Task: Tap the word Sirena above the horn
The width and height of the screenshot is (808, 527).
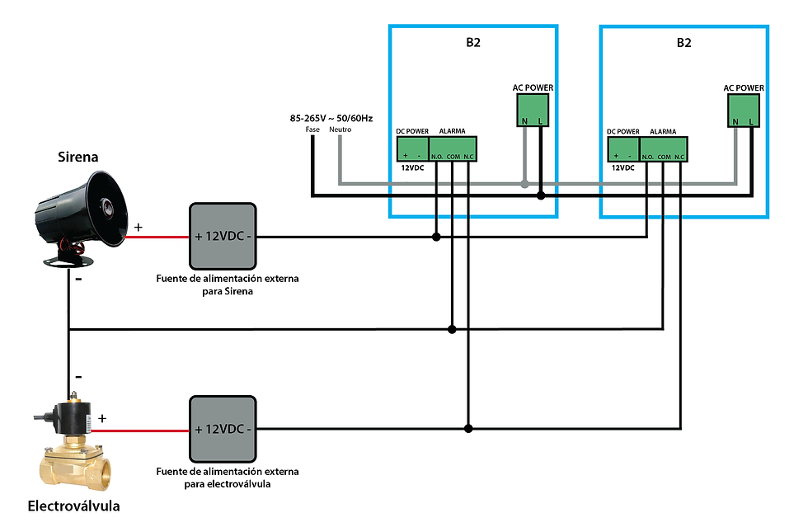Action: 78,157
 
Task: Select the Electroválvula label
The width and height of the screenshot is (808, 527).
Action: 73,506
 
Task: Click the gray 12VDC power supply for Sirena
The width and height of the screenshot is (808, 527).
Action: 223,236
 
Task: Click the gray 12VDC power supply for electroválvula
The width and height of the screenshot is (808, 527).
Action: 223,429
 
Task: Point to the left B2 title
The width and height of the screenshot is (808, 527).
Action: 473,42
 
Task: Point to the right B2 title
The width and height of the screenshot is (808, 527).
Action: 684,43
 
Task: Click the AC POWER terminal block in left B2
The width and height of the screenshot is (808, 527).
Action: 533,110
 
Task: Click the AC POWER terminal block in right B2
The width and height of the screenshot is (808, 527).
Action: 743,111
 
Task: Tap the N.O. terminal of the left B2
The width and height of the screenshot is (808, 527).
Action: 437,156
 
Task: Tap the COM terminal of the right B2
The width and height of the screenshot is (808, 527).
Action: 664,157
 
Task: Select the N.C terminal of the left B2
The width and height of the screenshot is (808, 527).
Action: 468,156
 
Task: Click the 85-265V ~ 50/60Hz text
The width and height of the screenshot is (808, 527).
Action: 331,118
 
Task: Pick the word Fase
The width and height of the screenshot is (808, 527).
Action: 312,129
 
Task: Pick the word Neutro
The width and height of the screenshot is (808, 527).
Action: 340,129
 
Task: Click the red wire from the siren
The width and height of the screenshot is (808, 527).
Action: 157,238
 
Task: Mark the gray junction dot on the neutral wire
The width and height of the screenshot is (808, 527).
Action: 524,184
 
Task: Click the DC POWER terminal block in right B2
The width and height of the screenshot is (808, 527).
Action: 623,149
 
